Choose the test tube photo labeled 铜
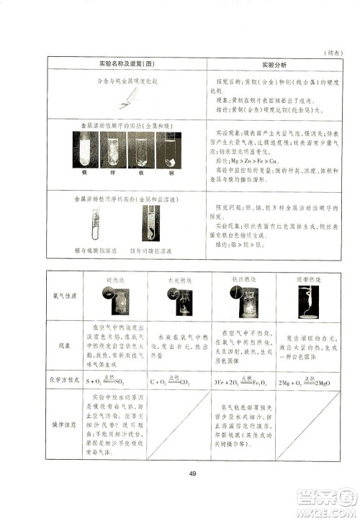click(x=170, y=153)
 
